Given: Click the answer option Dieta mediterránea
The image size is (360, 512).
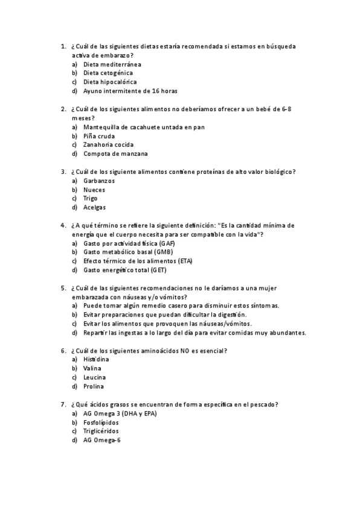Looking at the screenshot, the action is pos(112,64).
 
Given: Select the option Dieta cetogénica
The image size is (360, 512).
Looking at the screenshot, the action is pos(108,73).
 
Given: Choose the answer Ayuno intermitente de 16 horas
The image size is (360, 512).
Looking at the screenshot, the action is pos(130,91).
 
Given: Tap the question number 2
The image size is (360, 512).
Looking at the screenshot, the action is pos(63,109).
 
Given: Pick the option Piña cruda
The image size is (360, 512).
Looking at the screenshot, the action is pos(99,136).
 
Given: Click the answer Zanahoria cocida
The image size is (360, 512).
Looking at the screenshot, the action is pos(108,145).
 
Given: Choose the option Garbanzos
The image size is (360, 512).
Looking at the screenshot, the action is pos(99,181).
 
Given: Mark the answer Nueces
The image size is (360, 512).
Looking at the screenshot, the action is pos(94,190).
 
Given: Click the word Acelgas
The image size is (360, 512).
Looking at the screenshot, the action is pos(95,208).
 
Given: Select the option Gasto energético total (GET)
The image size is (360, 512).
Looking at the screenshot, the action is pos(125,270).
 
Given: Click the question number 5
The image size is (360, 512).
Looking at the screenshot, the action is pos(63,288).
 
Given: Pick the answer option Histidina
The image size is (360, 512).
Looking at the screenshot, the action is pos(96,359).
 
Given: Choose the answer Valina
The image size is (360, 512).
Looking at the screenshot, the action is pos(92,368).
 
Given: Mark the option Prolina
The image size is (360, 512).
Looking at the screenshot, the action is pos(94,386).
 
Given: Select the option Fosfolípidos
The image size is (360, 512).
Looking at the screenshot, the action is pos(101,423).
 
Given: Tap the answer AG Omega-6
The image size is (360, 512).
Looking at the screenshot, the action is pos(103,440).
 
